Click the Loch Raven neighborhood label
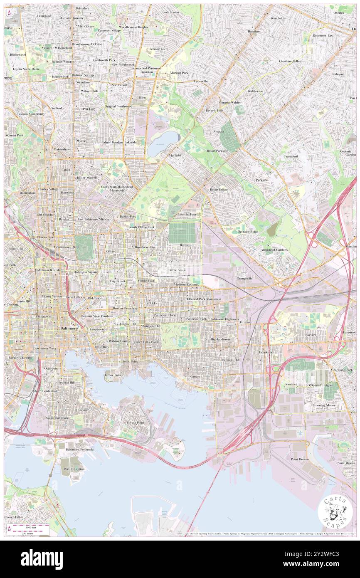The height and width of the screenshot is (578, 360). coord(170,12)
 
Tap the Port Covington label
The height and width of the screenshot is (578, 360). coord(74,469)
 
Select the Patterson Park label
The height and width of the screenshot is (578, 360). coord(196,319)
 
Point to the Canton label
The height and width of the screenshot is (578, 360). coord(195,376)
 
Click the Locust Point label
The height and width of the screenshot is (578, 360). coord(135,422)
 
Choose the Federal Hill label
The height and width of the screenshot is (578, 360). coord(67,382)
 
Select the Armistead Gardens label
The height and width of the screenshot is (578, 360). coord(274,249)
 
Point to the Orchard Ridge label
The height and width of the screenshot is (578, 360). coord(248,231)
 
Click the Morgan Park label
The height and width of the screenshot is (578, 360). coord(179,72)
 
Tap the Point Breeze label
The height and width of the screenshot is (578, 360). coord(299,459)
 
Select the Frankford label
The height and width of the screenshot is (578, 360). coord(291,156)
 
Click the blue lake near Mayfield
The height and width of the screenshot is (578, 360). coord(158,143)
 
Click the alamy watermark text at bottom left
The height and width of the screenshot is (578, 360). coord(42,559)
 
